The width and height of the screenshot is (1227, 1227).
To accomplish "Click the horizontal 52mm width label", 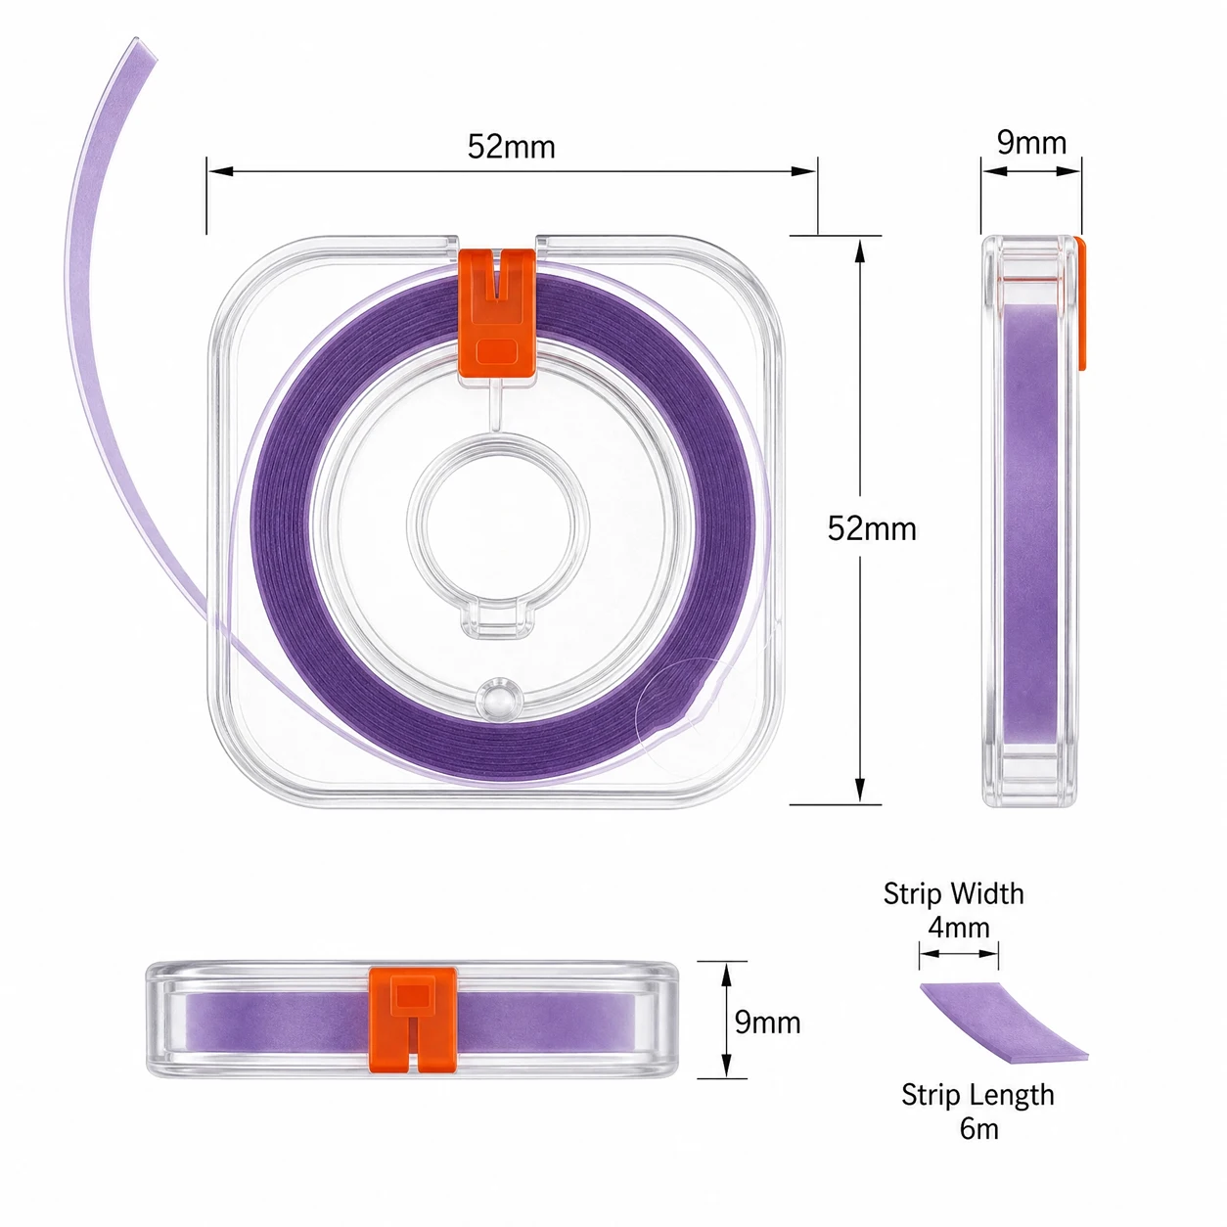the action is [x=511, y=147].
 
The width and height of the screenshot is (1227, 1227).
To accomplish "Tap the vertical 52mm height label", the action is [x=871, y=528].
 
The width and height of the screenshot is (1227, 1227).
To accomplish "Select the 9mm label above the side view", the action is [x=1031, y=142].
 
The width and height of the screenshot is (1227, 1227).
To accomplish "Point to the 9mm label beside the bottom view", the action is [x=767, y=1022].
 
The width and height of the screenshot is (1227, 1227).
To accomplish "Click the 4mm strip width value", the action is [x=958, y=927].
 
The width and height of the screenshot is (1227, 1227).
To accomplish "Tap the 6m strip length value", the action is [x=978, y=1129].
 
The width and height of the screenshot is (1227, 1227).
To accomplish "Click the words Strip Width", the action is [x=953, y=894].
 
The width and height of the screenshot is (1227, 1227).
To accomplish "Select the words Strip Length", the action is [x=977, y=1096].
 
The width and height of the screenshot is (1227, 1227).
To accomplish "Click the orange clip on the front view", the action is [x=497, y=313].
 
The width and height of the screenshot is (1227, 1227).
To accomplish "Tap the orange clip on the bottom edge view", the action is [x=413, y=1021].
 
